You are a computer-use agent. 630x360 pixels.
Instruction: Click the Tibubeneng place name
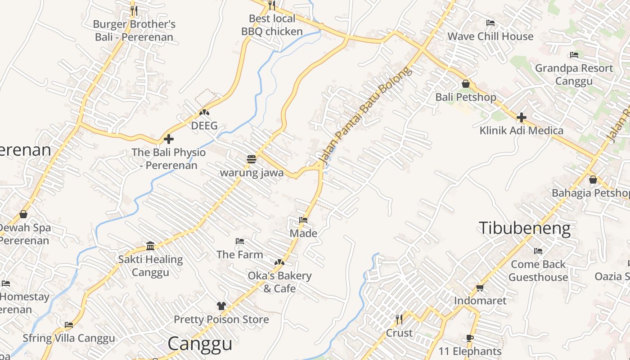(x=524, y=228)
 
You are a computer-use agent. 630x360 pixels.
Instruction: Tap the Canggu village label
(x=200, y=344)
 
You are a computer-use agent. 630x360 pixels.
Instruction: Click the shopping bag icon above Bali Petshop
(x=466, y=84)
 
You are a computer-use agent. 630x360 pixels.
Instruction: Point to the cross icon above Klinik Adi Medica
(x=522, y=117)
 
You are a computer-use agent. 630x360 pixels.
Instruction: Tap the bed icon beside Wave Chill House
(x=490, y=23)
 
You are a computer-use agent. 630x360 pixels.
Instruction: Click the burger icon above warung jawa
(x=251, y=159)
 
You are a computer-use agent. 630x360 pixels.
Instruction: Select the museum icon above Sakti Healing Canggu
(x=150, y=246)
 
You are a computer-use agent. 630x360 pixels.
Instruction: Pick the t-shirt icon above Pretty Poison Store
(x=221, y=306)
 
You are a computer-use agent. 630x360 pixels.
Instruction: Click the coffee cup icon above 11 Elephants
(x=470, y=338)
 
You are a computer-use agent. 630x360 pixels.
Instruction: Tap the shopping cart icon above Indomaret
(x=480, y=287)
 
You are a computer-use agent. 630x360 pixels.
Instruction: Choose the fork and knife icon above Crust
(x=399, y=319)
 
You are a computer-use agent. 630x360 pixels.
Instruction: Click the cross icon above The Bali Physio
(x=169, y=139)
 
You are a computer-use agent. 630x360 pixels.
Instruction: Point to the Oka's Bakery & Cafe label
(x=279, y=282)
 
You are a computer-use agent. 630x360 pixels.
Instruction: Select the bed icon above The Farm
(x=240, y=241)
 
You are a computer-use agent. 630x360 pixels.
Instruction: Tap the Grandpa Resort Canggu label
(x=574, y=75)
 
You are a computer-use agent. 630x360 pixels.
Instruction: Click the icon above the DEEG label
(x=204, y=112)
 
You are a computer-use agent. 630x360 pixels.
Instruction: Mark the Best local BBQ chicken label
(x=272, y=25)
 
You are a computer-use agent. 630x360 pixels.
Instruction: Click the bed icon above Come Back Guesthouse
(x=538, y=251)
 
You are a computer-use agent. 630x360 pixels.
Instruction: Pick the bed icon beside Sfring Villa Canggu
(x=69, y=324)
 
